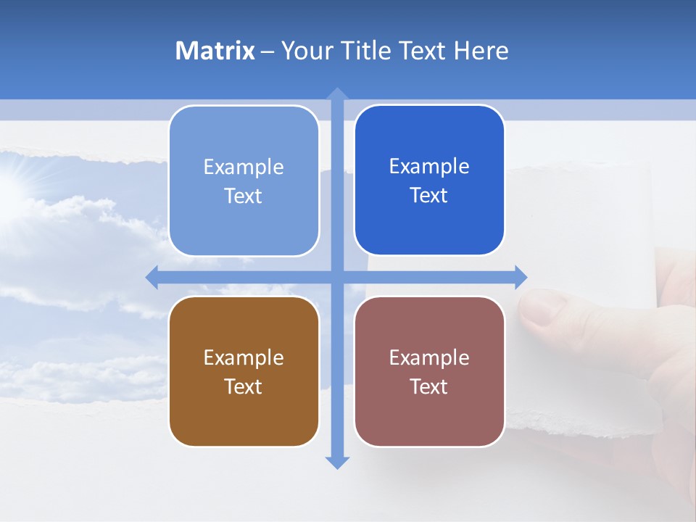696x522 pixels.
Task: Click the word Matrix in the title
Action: click(x=215, y=51)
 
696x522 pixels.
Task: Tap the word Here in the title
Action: click(x=481, y=51)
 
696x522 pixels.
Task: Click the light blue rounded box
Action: click(x=244, y=181)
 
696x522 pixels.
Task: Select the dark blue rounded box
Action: click(x=429, y=181)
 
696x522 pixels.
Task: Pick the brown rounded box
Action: click(x=244, y=372)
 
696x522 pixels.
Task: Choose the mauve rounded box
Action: click(x=429, y=372)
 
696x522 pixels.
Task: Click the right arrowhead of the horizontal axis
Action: click(x=521, y=277)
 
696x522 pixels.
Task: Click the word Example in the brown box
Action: click(x=244, y=357)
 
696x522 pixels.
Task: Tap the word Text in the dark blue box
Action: click(x=429, y=196)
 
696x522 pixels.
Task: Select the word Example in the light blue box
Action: click(x=244, y=167)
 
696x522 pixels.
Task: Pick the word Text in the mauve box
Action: click(x=429, y=386)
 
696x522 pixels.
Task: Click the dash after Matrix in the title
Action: click(x=268, y=51)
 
